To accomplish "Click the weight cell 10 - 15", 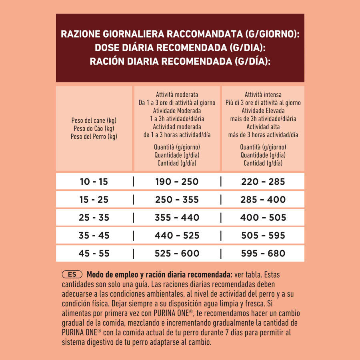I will [x=94, y=182].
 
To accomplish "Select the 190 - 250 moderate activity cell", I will [x=177, y=182].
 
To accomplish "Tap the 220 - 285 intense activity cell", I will [x=263, y=182].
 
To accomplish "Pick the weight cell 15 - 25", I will [x=94, y=200].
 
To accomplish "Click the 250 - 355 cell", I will [x=177, y=200].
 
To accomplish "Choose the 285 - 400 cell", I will [x=263, y=200].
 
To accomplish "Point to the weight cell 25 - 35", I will [x=94, y=218].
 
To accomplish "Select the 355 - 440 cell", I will [x=177, y=218].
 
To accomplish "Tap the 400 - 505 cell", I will [x=263, y=218].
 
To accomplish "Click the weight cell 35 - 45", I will [x=94, y=236].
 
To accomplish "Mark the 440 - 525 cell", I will [x=177, y=236].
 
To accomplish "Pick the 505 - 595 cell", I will [x=263, y=236].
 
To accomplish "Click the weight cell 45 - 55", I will [x=94, y=253].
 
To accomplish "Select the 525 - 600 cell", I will [x=177, y=253].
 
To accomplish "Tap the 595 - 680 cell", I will [x=263, y=253].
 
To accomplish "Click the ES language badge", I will [x=72, y=275].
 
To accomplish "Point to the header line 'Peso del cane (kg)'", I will [x=94, y=120].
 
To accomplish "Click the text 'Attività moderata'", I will [x=177, y=95].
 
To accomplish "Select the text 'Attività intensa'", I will [x=263, y=95].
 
